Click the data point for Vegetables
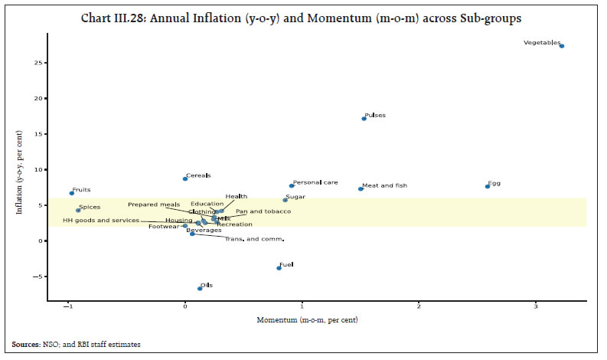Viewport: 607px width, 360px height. tap(562, 46)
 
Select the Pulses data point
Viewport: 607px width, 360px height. tap(364, 118)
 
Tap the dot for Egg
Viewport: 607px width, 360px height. tap(488, 186)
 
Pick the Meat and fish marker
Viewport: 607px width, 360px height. tap(361, 188)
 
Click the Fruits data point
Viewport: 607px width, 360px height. tap(72, 193)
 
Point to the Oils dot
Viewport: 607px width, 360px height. tap(200, 289)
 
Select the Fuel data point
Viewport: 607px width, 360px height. tap(279, 268)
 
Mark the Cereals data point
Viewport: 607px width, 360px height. tap(185, 178)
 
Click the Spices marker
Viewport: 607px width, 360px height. tap(78, 210)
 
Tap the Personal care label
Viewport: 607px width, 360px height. tap(315, 182)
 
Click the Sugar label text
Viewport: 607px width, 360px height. tap(295, 197)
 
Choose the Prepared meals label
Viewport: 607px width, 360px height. tap(154, 205)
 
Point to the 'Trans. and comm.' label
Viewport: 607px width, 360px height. tap(255, 239)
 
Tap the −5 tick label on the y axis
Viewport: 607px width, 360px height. tap(42, 277)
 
